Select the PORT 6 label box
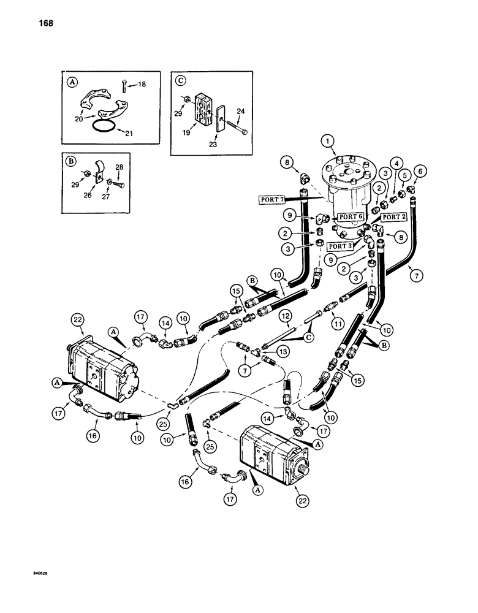(351, 217)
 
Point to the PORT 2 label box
(394, 218)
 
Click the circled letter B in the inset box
(70, 163)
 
